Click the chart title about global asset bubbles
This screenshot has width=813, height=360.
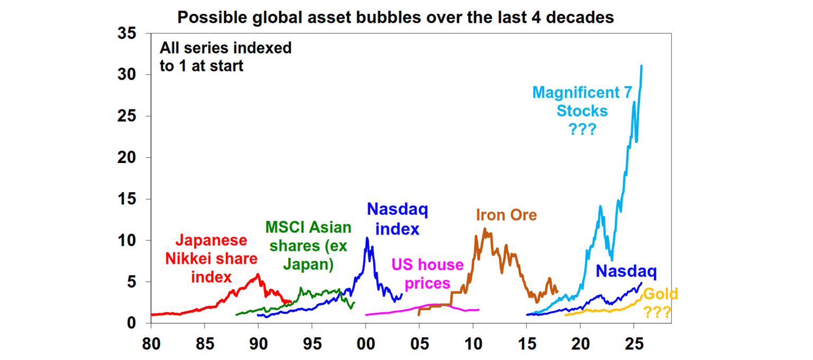(x=395, y=17)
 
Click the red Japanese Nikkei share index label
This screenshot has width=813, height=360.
(x=211, y=259)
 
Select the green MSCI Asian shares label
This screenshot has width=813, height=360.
(x=308, y=246)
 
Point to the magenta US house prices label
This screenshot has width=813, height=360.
(x=427, y=273)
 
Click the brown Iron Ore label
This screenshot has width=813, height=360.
(x=506, y=215)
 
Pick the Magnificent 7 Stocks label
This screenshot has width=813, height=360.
(x=582, y=111)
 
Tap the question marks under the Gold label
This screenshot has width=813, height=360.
(x=658, y=312)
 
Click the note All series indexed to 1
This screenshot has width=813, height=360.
(x=225, y=57)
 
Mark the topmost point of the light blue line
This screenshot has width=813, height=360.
(x=642, y=66)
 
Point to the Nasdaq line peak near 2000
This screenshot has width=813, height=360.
(x=367, y=238)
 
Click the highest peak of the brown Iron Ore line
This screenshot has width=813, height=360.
(x=484, y=229)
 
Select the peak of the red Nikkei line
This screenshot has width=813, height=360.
(x=258, y=274)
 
